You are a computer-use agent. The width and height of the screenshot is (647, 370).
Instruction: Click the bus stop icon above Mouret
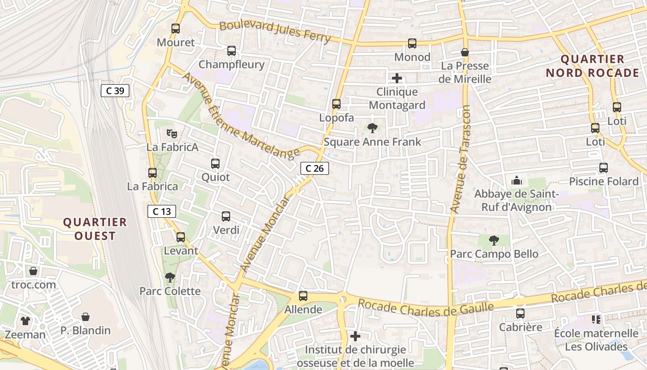pyautogui.click(x=176, y=29)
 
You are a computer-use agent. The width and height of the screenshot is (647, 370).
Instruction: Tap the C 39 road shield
pyautogui.click(x=115, y=91)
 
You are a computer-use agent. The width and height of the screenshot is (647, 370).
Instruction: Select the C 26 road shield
pyautogui.click(x=315, y=168)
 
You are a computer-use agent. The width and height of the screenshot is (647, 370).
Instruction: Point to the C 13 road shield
pyautogui.click(x=162, y=211)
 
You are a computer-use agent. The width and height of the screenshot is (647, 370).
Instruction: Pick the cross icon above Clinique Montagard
pyautogui.click(x=397, y=78)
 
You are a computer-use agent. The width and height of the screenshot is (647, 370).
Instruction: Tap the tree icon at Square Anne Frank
pyautogui.click(x=372, y=128)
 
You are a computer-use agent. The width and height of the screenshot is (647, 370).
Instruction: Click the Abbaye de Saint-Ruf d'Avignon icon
pyautogui.click(x=517, y=180)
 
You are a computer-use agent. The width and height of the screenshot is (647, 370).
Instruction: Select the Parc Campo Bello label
pyautogui.click(x=494, y=254)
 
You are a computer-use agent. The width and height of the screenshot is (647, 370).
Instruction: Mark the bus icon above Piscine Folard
pyautogui.click(x=603, y=168)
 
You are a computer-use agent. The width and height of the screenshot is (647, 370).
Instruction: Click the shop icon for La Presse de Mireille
pyautogui.click(x=465, y=53)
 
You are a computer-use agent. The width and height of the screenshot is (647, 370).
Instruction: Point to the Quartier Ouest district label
pyautogui.click(x=95, y=229)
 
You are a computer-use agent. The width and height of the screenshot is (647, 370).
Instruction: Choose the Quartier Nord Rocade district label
pyautogui.click(x=592, y=66)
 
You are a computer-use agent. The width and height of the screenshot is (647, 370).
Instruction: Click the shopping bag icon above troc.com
pyautogui.click(x=33, y=271)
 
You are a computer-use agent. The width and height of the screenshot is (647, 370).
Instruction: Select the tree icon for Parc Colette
pyautogui.click(x=170, y=277)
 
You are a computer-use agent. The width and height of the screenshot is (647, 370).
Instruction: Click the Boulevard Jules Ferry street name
pyautogui.click(x=275, y=31)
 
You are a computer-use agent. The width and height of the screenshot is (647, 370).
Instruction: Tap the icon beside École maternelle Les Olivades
pyautogui.click(x=596, y=320)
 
